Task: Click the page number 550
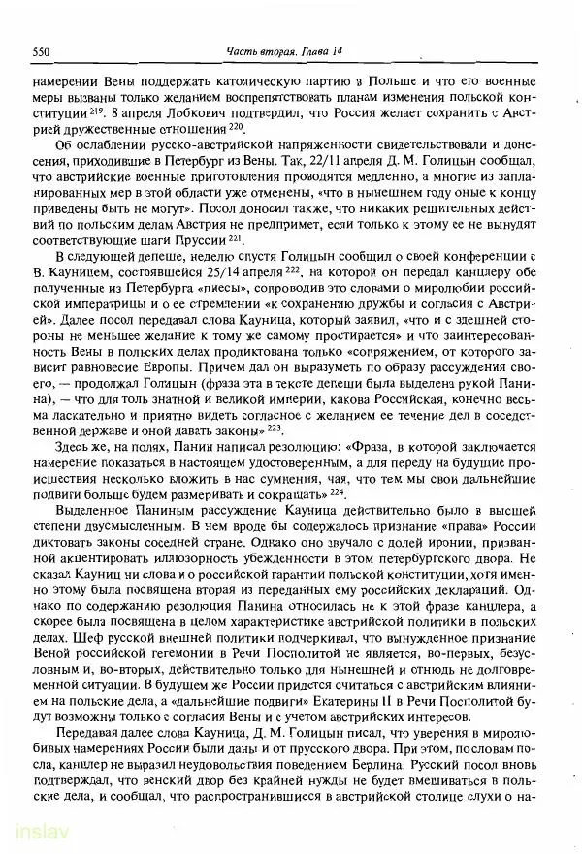[41, 50]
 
